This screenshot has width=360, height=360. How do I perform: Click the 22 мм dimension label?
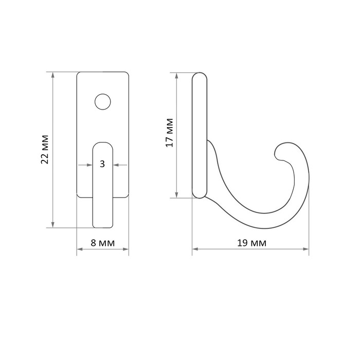coord(45,150)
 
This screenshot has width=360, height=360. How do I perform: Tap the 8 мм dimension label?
coord(103,243)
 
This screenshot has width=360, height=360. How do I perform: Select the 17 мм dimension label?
coord(170,133)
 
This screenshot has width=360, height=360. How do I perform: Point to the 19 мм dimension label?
coord(251,243)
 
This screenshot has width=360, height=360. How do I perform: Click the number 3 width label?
coord(102,164)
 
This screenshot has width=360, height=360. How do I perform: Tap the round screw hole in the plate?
coord(103,102)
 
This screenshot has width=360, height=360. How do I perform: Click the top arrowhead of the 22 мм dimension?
coord(53,75)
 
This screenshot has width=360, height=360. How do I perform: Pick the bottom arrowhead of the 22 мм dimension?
coord(53,225)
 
